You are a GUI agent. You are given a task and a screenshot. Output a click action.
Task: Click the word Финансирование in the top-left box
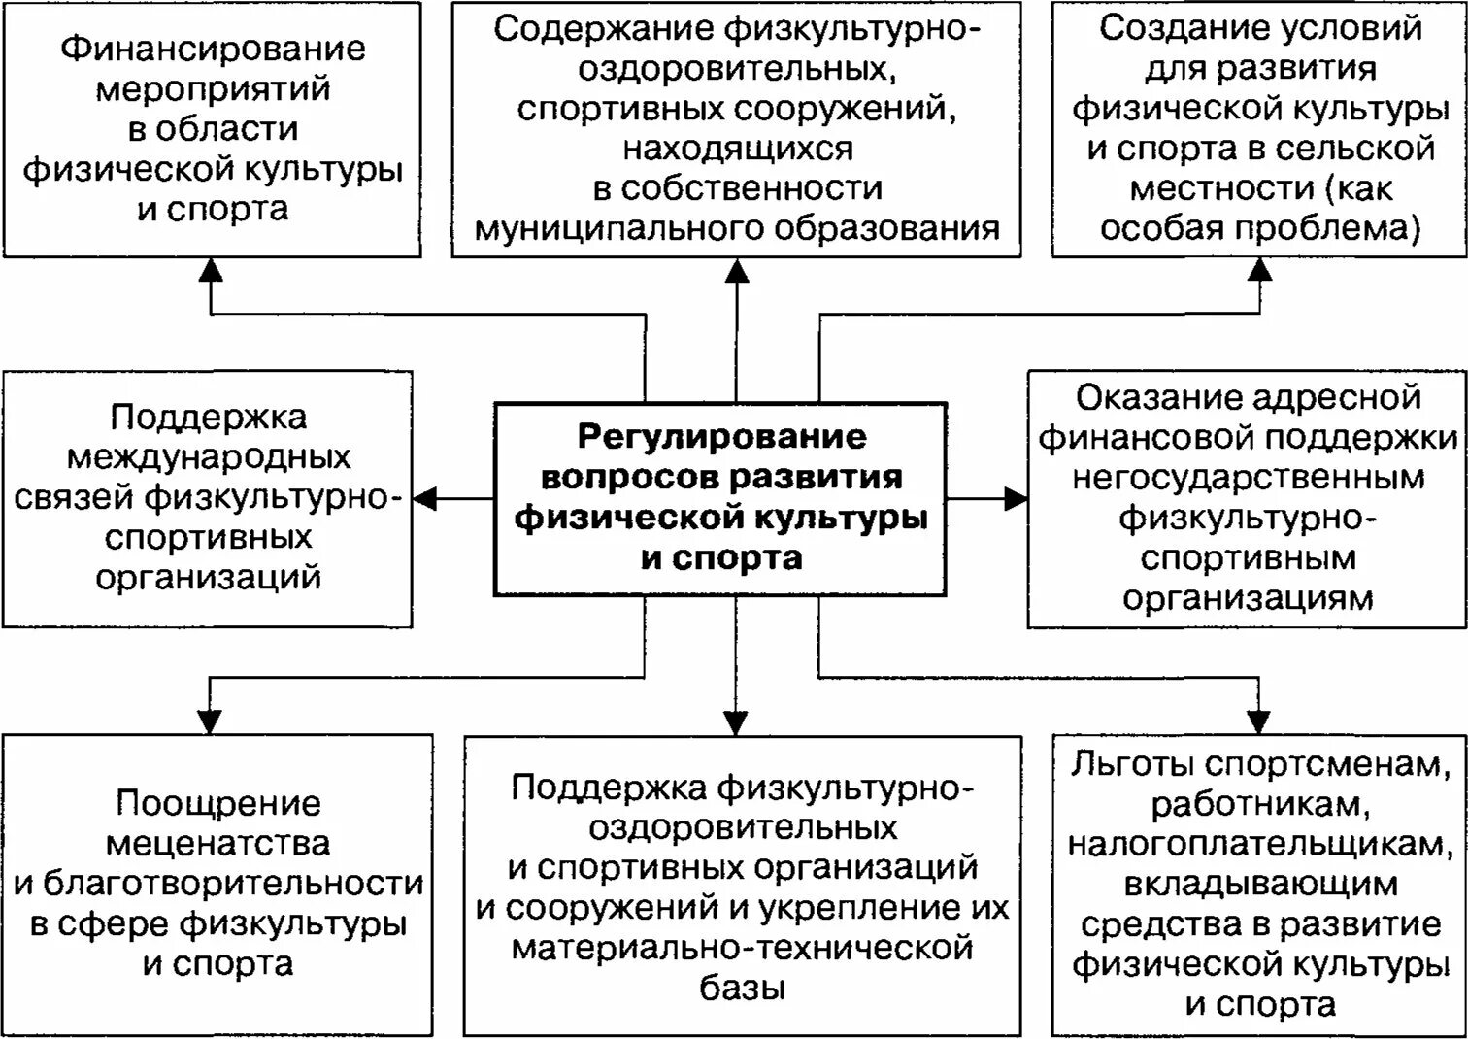(213, 49)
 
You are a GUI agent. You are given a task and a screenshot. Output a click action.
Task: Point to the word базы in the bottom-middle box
(743, 989)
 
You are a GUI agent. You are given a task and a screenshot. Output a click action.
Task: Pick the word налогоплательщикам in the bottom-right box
(1259, 845)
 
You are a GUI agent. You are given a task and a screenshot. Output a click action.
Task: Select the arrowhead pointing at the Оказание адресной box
(1016, 499)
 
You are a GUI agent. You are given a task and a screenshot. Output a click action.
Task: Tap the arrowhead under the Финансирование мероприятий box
(211, 270)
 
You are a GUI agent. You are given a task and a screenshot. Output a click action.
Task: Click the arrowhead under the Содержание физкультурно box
(737, 270)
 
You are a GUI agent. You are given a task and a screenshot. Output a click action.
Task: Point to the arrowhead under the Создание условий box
(1259, 270)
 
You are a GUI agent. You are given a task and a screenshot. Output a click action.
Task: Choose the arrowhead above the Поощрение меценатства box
(211, 721)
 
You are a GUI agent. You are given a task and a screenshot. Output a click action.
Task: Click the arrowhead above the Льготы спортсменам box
(1259, 721)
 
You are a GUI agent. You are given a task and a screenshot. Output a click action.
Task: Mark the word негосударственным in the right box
(1248, 478)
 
